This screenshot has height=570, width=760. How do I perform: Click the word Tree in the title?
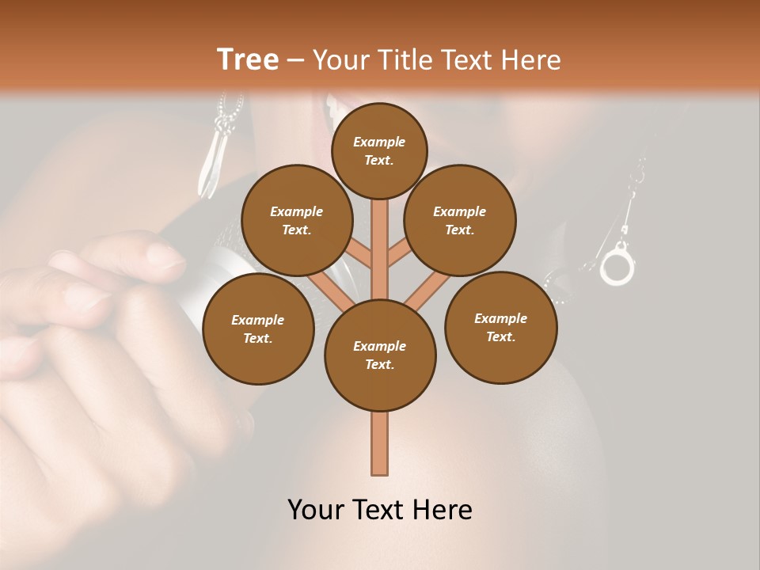tap(248, 60)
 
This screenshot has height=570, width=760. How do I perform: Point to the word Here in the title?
tap(530, 60)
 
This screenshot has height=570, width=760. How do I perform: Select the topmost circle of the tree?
tap(379, 150)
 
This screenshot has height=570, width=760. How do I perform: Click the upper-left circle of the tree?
tap(296, 220)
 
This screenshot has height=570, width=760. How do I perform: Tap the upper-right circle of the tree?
tap(460, 220)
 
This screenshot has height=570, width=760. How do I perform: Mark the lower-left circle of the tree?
tap(258, 329)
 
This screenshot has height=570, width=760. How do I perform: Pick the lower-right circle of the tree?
tap(500, 327)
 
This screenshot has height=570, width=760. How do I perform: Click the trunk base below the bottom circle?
tap(380, 443)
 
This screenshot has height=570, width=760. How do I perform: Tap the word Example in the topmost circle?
tap(379, 142)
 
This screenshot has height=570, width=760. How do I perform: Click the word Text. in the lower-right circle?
tap(500, 336)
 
